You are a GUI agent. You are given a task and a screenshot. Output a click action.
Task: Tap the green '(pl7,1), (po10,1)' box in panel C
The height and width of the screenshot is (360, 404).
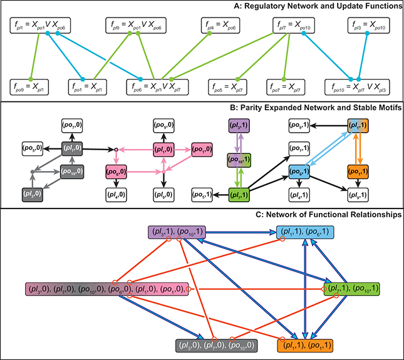(x=352, y=289)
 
